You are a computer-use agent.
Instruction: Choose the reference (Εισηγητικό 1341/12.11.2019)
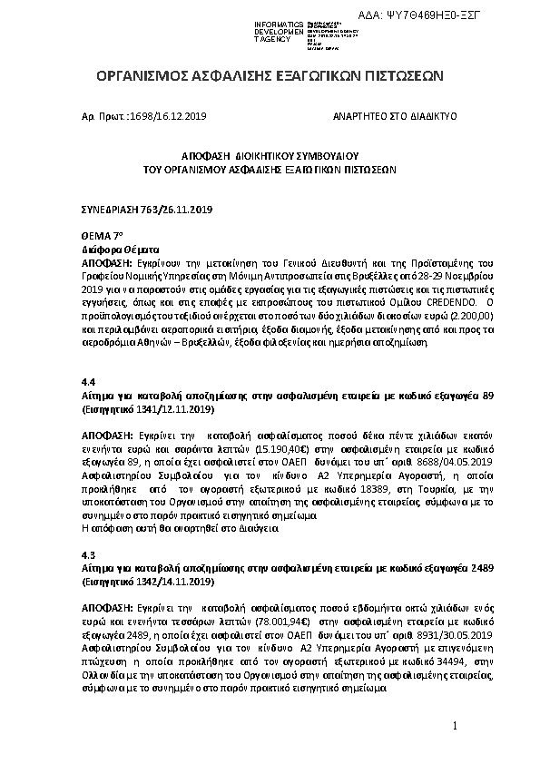point(147,409)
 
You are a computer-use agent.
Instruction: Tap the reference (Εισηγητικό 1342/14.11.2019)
point(147,579)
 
